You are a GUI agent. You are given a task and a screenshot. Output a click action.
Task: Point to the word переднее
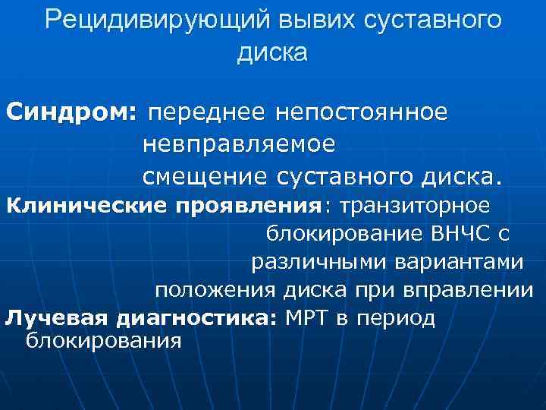pos(207,113)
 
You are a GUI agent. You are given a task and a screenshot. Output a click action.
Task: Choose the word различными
pos(308,262)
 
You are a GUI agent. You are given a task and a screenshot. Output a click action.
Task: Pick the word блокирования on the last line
pos(104,341)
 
